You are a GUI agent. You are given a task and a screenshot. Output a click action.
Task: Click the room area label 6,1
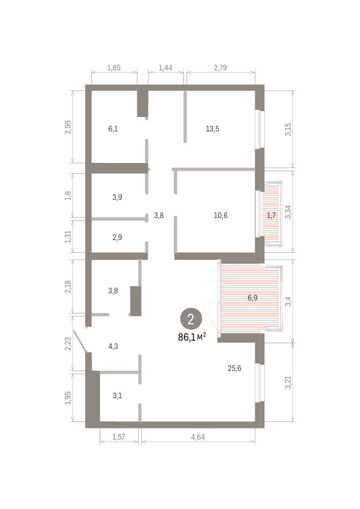(x=113, y=129)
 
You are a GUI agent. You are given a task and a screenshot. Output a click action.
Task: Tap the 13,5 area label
(x=212, y=129)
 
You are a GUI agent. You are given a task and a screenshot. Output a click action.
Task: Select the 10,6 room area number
(x=220, y=215)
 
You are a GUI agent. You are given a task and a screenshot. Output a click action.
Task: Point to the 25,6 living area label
(x=234, y=368)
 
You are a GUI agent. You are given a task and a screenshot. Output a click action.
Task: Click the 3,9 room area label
(x=117, y=197)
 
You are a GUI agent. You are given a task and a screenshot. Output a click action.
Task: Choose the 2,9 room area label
(x=117, y=237)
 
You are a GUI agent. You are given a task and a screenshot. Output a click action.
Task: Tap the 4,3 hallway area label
(x=113, y=346)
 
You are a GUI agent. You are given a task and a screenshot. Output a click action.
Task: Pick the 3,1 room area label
(x=117, y=396)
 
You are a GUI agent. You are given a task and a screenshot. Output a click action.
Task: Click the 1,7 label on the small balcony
(x=271, y=215)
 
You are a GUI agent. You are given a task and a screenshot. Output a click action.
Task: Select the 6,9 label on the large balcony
(x=252, y=298)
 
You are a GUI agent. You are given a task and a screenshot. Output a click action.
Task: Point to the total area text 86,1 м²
(x=192, y=338)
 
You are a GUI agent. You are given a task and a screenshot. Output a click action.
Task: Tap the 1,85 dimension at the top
(x=114, y=67)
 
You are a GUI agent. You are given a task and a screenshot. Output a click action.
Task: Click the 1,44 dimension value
(x=165, y=67)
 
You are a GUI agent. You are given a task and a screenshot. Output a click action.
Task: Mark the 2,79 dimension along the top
(x=220, y=67)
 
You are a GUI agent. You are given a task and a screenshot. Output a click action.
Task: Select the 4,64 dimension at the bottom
(x=198, y=437)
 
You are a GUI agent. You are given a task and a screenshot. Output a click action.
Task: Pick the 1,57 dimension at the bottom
(x=119, y=437)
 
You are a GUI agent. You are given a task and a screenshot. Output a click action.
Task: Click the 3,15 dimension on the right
(x=288, y=129)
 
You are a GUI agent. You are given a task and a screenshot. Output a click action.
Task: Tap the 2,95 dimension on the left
(x=68, y=127)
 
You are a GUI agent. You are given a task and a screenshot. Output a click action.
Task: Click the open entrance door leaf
(x=80, y=341)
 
